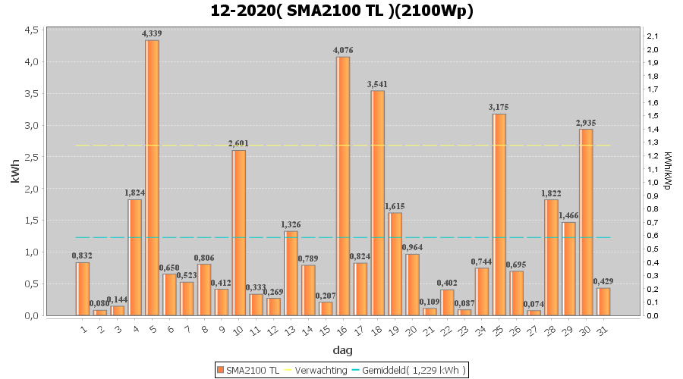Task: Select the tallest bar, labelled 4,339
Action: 152,177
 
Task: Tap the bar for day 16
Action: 343,186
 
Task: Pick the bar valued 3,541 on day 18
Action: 378,202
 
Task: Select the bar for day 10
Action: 238,233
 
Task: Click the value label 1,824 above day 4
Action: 134,193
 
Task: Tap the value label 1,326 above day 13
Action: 291,224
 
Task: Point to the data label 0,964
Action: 412,247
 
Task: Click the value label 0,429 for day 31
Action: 603,281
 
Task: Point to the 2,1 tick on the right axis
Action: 652,36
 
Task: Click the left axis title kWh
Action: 15,172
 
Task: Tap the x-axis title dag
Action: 342,350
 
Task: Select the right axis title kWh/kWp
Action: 667,171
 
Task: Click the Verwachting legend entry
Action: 311,370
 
